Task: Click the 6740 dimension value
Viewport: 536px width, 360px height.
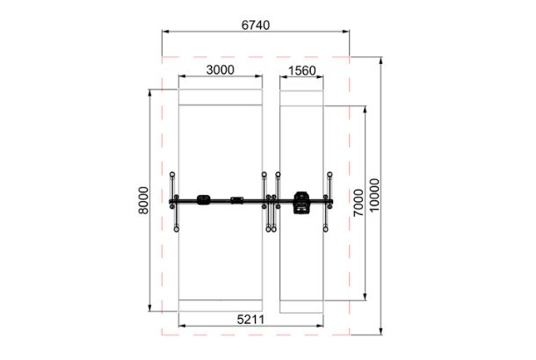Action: [256, 25]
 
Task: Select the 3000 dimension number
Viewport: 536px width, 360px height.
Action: [221, 70]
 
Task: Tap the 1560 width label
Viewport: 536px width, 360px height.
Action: [302, 71]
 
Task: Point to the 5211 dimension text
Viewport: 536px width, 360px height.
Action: [250, 320]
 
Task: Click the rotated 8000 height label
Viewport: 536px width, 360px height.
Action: [143, 200]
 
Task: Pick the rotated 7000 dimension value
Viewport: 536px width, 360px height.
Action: [359, 203]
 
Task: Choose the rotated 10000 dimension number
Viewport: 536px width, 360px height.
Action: [374, 195]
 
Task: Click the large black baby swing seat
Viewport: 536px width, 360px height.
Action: [301, 203]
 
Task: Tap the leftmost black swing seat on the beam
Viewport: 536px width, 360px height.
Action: [203, 200]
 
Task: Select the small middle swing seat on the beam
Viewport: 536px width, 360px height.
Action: [236, 200]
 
